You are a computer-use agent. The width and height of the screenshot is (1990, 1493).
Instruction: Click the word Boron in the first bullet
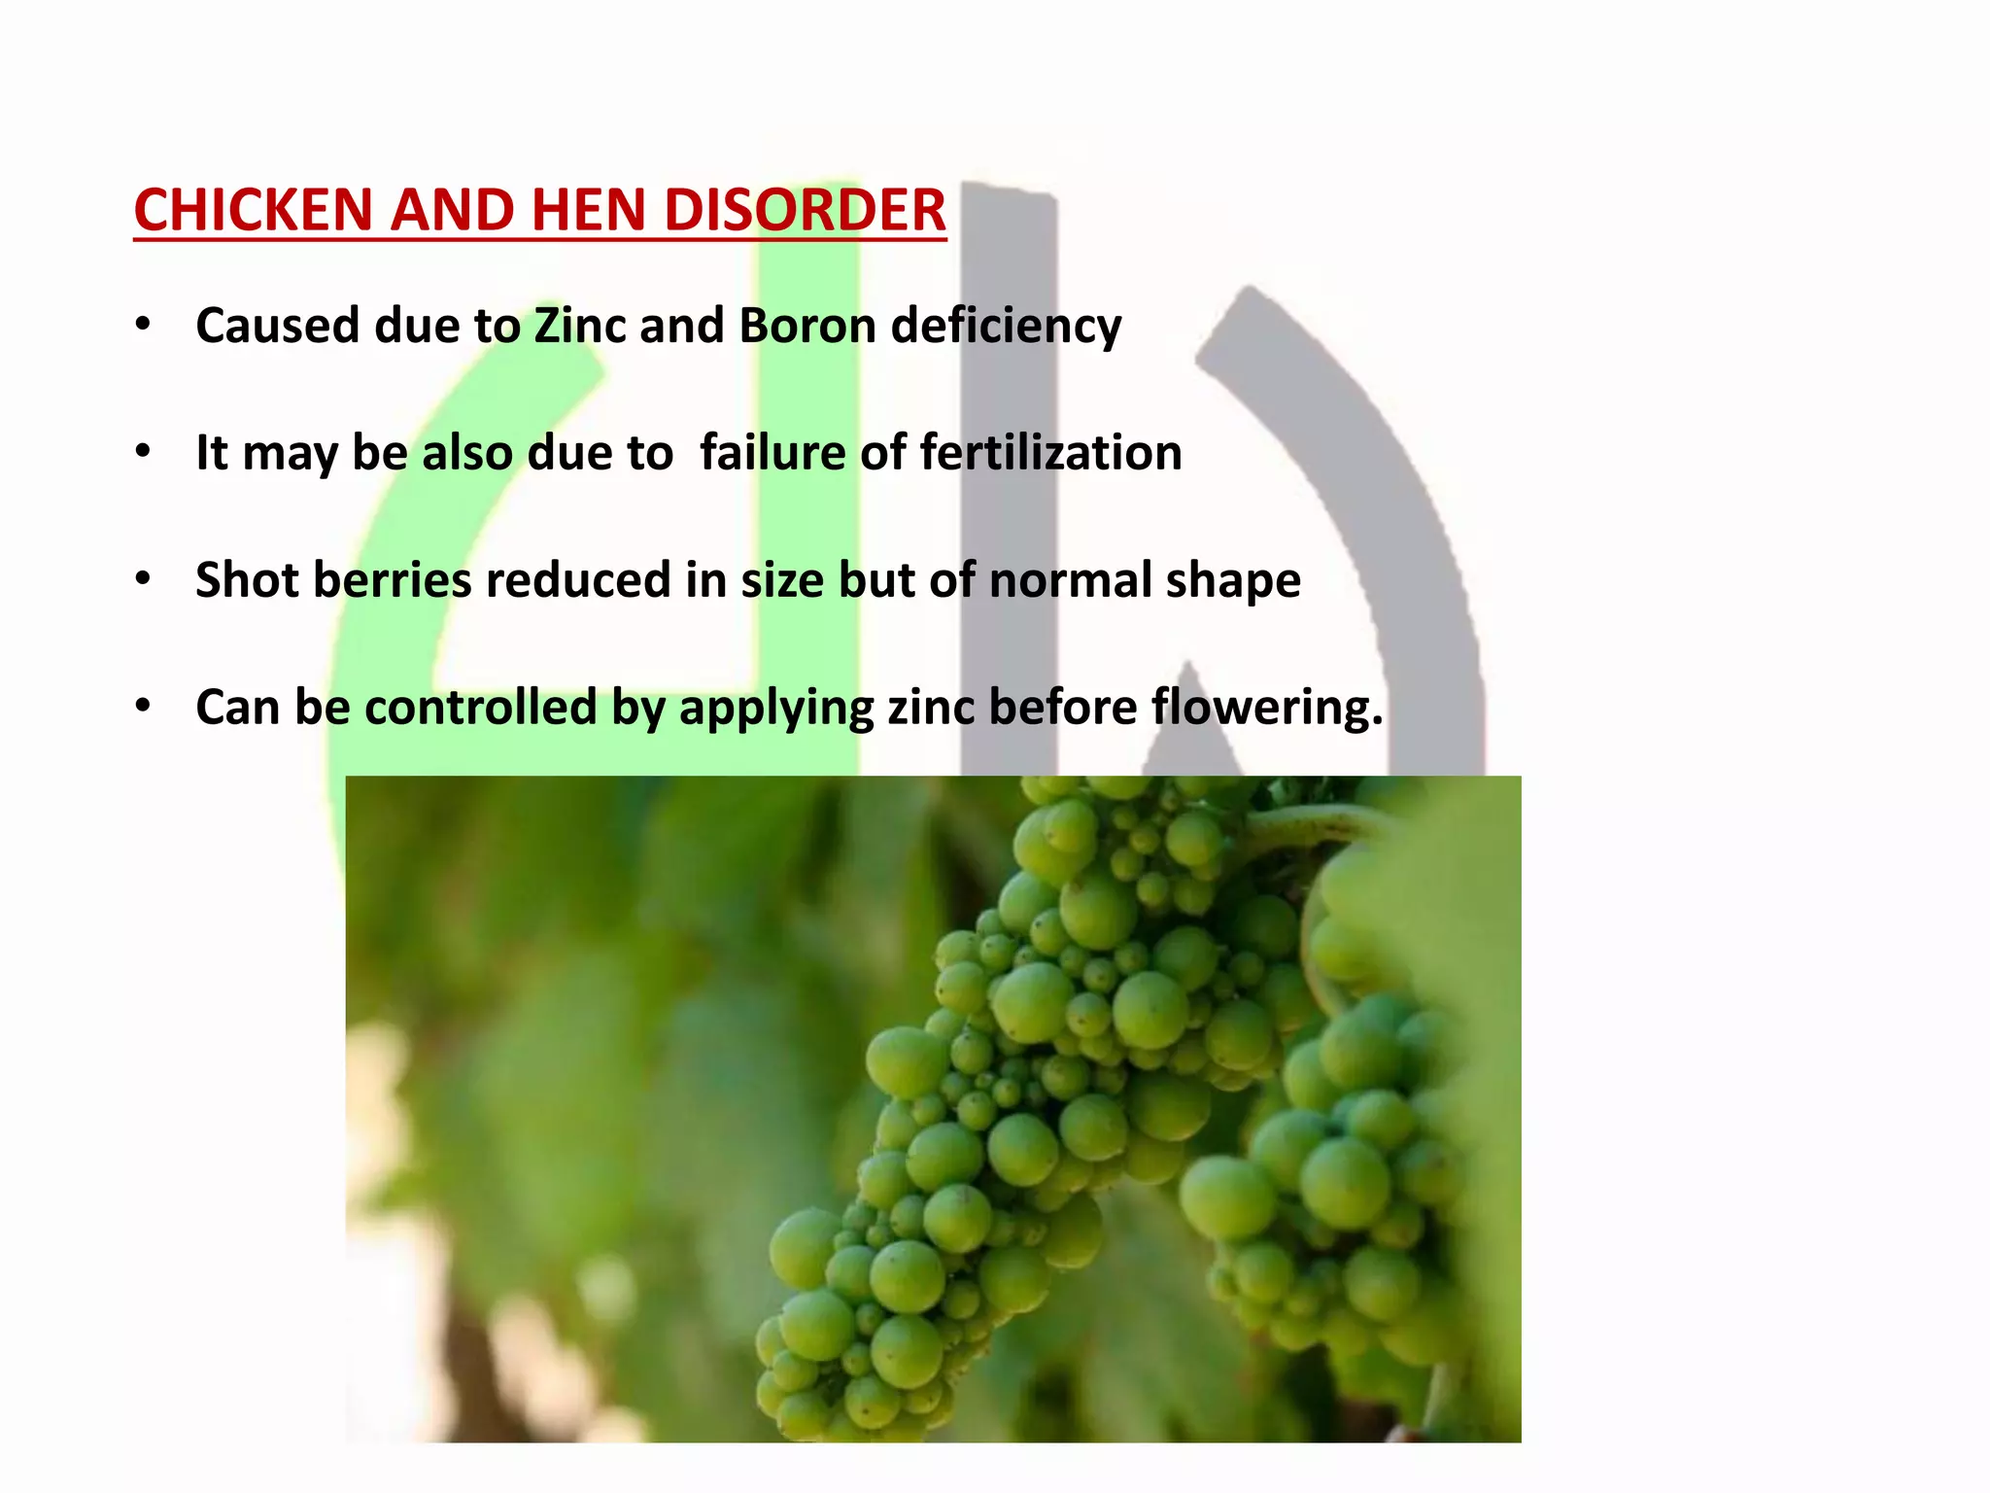[807, 326]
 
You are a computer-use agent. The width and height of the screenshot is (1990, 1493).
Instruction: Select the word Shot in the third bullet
[247, 580]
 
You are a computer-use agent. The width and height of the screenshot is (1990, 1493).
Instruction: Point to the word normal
[1070, 580]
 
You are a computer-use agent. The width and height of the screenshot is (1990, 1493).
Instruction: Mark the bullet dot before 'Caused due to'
[144, 326]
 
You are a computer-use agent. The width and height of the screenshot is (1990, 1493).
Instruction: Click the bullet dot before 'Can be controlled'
[144, 707]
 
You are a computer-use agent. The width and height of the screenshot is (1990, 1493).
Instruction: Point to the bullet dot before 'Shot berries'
[144, 580]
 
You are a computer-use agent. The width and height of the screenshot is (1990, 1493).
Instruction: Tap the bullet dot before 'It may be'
[144, 453]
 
